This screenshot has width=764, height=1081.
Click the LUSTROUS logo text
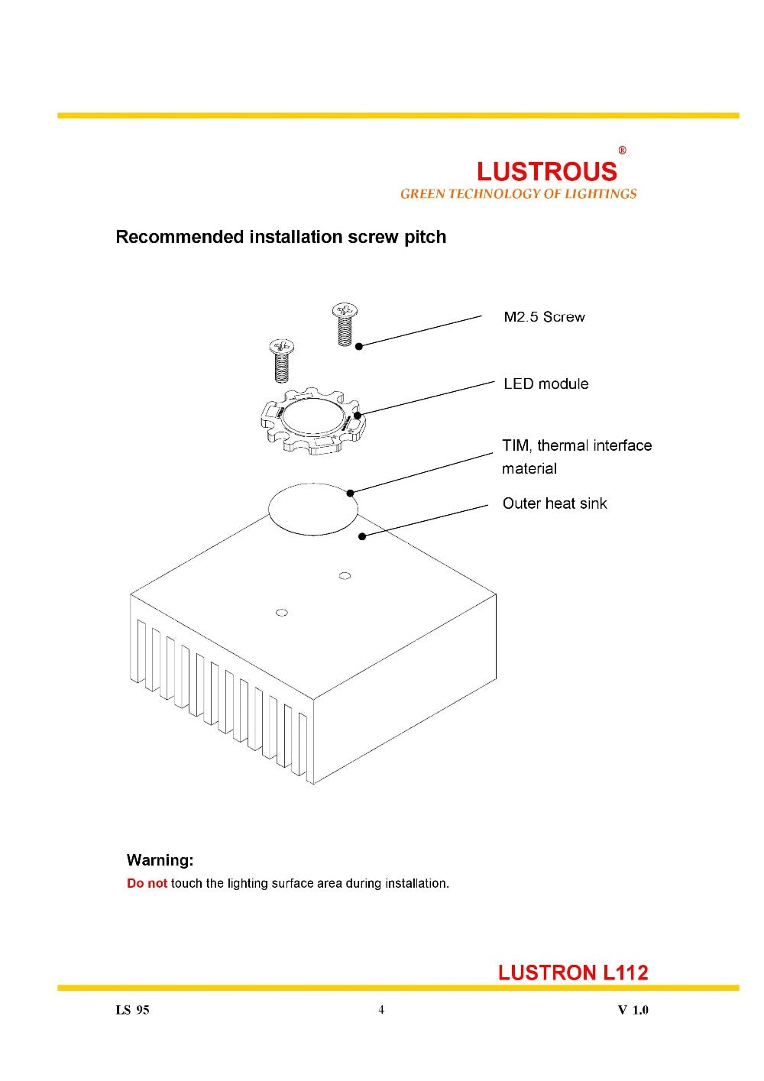[546, 171]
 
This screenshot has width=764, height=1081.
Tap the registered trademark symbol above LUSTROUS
[622, 150]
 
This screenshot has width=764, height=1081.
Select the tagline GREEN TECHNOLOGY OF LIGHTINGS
[518, 194]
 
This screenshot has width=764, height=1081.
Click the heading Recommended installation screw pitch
[280, 237]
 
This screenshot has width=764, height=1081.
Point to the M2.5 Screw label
[544, 317]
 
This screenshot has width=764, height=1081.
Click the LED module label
[545, 384]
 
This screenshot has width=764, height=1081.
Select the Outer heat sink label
[555, 503]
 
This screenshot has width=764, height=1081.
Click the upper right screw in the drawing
[346, 325]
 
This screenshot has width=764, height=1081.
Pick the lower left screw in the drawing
[282, 360]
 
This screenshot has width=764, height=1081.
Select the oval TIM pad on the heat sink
[313, 507]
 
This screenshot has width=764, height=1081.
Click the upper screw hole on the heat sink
[345, 575]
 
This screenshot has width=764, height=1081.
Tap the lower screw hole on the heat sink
[281, 612]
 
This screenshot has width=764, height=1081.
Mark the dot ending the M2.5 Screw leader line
[359, 345]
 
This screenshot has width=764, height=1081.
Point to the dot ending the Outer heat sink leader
[362, 536]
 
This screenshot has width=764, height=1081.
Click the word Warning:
[160, 860]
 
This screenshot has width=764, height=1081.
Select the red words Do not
[147, 883]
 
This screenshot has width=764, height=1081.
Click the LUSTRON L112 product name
[573, 973]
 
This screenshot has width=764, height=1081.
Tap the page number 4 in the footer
[381, 1010]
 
